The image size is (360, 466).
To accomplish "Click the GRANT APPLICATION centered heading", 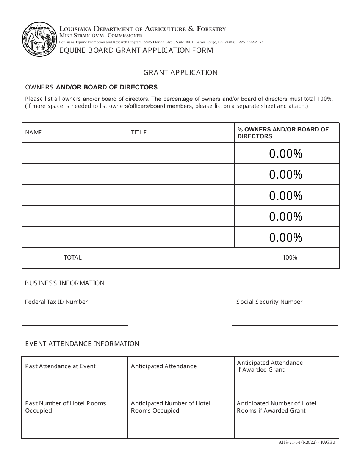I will pos(180,73).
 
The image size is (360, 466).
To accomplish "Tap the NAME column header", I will pos(33,133).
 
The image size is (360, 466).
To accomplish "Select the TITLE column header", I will pos(139,133).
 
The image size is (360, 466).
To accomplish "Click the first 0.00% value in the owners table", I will pos(286,154).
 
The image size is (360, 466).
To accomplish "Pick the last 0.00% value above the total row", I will pos(286,238).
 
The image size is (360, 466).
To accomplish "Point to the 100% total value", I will pos(290,258).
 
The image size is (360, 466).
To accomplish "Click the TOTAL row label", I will pos(72,258).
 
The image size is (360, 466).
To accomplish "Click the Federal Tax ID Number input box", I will pos(75,316).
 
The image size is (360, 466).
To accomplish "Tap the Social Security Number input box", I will pos(285,316).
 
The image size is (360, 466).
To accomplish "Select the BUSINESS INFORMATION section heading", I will pos(64,283).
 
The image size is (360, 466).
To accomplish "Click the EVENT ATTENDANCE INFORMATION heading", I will pos(82,344).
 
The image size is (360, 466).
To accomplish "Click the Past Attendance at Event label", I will pos(60,366).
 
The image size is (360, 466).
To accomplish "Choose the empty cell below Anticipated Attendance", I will pos(181,386).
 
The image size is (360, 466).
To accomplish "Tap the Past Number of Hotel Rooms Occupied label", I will pos(65,407).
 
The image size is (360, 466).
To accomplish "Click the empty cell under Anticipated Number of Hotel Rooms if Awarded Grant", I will pos(286,428).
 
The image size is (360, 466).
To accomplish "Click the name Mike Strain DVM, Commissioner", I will pos(101,36).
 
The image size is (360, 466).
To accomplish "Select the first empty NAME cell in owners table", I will pos(75,153).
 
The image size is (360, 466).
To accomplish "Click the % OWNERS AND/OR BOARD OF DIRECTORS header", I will pos(283,133).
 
